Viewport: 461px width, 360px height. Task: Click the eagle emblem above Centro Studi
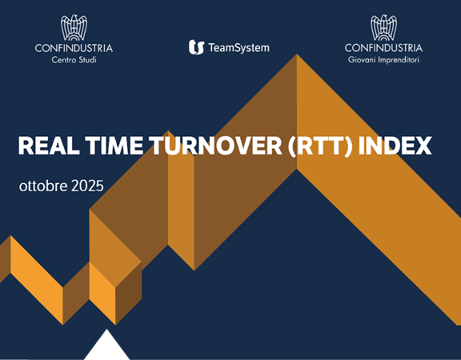tap(74, 27)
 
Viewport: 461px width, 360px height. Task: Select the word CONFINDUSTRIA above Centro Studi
tap(74, 48)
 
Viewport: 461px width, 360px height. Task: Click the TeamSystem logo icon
tap(196, 48)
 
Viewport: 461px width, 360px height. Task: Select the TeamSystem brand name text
tap(239, 48)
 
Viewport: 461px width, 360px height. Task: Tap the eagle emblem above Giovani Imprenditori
tap(383, 27)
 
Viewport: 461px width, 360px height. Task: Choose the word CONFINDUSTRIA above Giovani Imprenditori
tap(383, 48)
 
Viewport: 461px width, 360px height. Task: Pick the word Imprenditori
tap(399, 59)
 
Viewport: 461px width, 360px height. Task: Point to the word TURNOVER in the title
tap(211, 146)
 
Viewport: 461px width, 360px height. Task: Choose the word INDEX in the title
tap(395, 146)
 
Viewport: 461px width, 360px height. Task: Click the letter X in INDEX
tap(423, 146)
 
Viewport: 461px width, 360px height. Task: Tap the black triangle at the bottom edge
tap(106, 349)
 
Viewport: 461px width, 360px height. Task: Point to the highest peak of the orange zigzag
tap(297, 57)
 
